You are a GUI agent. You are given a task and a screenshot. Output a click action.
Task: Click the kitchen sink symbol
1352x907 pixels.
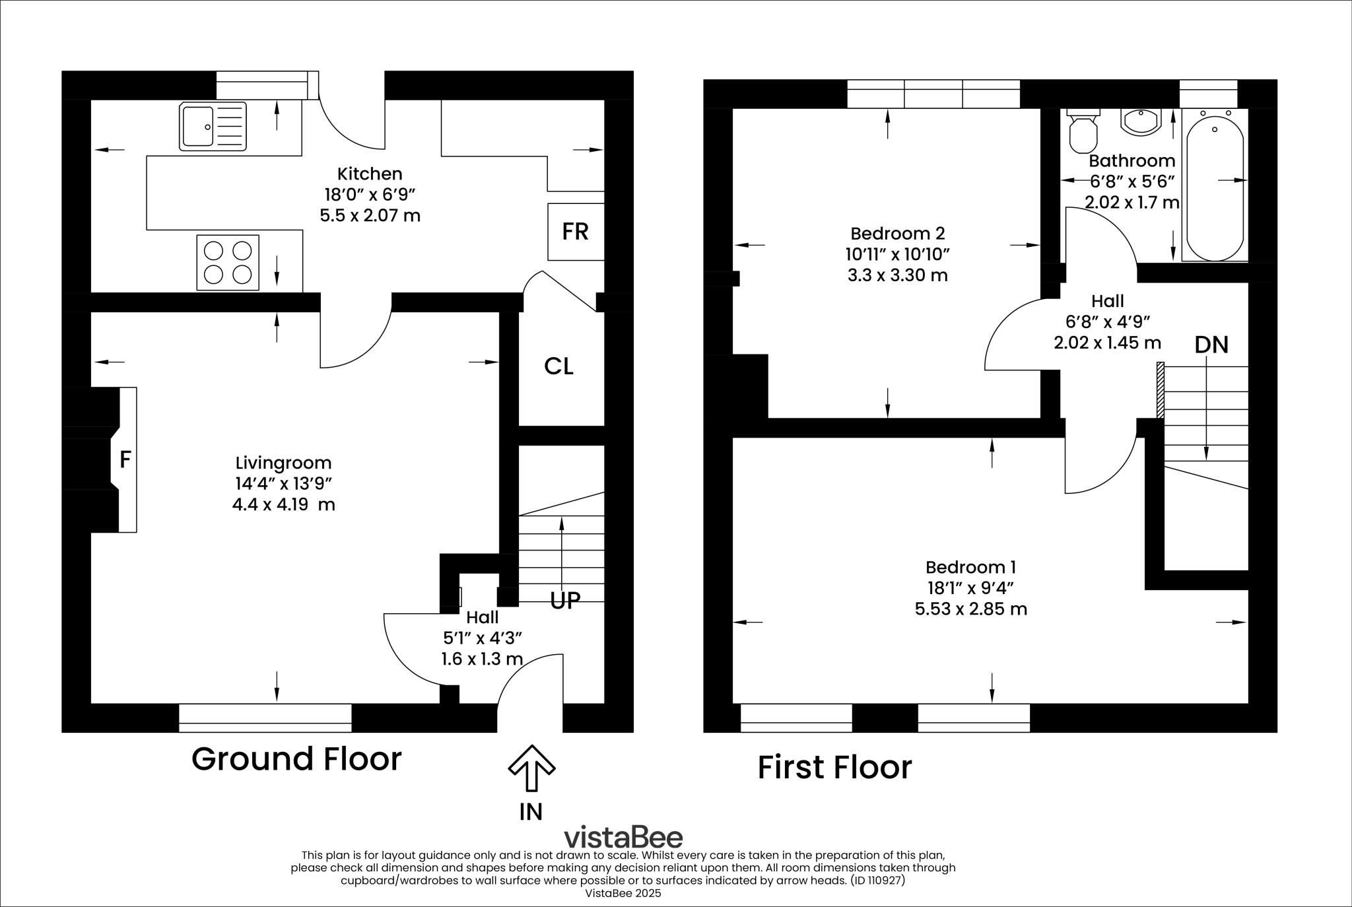(212, 125)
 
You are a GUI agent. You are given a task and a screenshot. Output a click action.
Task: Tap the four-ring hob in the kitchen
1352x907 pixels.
(228, 262)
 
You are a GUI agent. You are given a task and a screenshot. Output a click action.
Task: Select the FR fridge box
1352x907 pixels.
(575, 232)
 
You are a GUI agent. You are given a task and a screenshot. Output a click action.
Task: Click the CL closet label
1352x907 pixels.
(558, 366)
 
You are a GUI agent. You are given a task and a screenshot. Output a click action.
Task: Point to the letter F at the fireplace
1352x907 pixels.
(125, 459)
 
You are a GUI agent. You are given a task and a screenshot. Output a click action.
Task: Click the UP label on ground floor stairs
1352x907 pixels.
(565, 601)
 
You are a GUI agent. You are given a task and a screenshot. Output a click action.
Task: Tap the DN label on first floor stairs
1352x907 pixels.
(1211, 345)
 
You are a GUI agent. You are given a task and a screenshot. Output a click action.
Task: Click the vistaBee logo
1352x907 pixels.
(623, 837)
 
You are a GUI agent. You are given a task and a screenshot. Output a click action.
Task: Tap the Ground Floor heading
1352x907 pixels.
(296, 759)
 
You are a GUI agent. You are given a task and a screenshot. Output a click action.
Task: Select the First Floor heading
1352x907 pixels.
(834, 768)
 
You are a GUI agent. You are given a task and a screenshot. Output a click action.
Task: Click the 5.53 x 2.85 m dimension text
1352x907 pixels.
(970, 609)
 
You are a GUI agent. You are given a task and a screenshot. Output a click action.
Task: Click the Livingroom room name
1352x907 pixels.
(283, 463)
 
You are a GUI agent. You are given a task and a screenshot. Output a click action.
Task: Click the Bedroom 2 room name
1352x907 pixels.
(897, 233)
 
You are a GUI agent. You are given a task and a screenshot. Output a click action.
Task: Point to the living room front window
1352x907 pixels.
(265, 718)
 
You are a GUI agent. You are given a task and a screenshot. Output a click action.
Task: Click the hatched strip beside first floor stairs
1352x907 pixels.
(1160, 389)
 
